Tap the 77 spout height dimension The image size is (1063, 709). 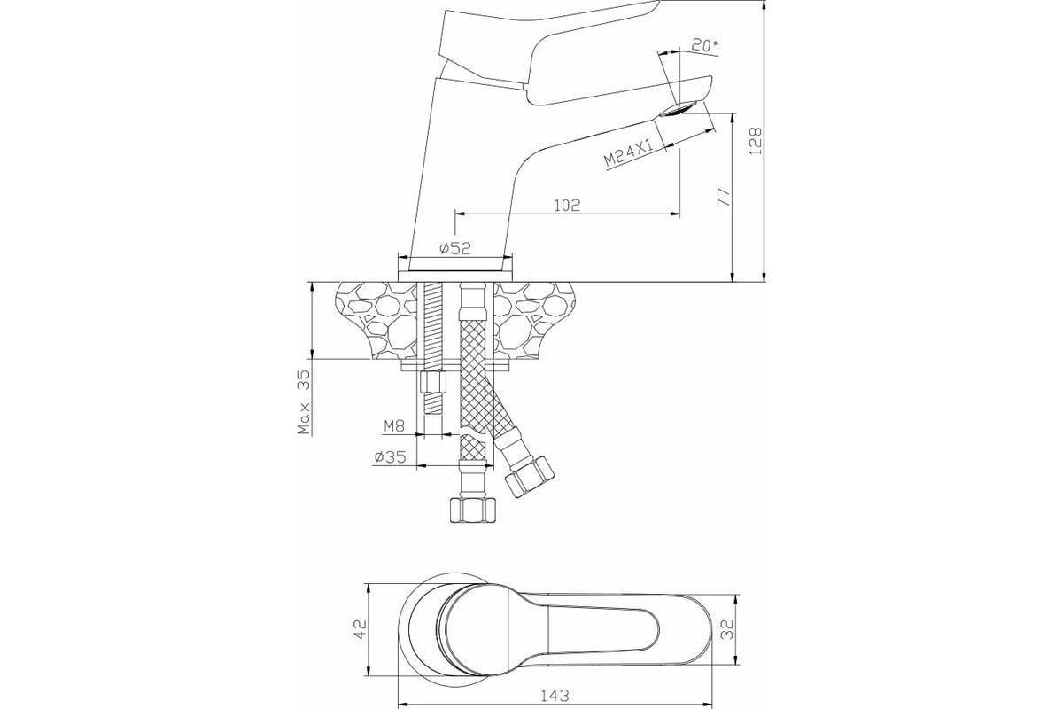point(723,197)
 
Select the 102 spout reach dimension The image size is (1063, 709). point(567,205)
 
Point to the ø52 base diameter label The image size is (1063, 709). point(455,248)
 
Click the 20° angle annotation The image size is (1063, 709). point(704,45)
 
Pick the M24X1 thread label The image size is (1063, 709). point(629,151)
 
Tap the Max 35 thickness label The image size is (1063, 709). point(304,402)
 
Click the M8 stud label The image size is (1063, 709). point(394,426)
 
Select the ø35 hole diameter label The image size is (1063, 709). point(390,456)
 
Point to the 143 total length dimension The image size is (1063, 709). point(555,697)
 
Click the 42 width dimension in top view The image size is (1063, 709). point(361,628)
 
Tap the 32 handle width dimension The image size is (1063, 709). point(728,629)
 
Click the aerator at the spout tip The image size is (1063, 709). point(679,109)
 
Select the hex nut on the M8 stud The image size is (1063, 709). point(433,382)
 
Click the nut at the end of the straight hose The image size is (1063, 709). point(473,510)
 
